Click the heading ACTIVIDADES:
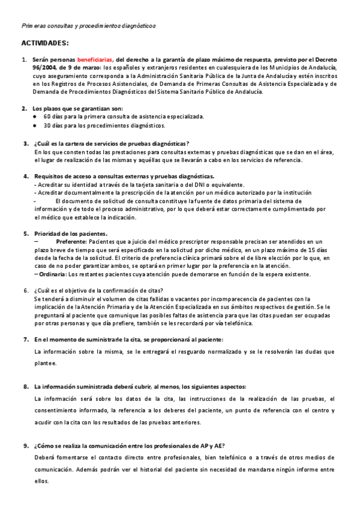click(x=45, y=43)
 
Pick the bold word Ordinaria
click(x=53, y=274)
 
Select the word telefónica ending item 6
click(x=237, y=324)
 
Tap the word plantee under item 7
click(x=46, y=363)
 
